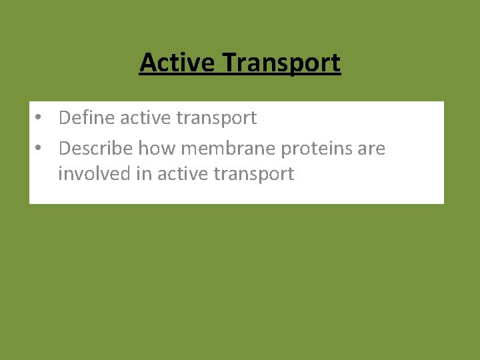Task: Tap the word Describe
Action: tap(96, 148)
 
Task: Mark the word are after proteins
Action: tap(371, 149)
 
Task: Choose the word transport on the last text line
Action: tap(253, 175)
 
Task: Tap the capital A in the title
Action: tap(148, 63)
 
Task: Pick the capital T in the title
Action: tap(229, 63)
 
